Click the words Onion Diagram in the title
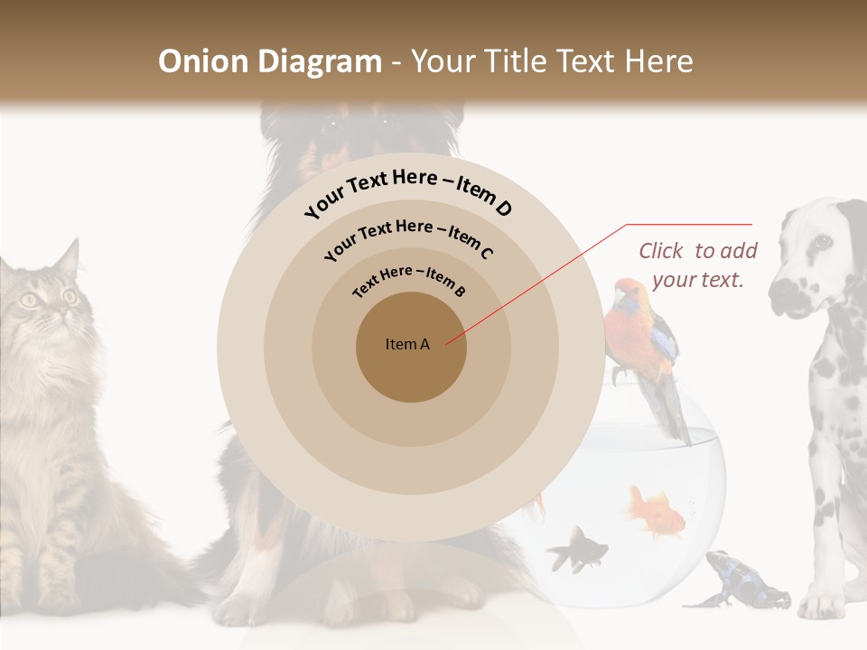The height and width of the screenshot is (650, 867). [269, 61]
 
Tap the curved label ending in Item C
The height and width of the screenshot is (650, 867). [408, 238]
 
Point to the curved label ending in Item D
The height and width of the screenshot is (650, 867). [408, 192]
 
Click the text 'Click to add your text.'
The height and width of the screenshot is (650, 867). [698, 265]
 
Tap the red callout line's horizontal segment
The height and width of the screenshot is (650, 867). [689, 225]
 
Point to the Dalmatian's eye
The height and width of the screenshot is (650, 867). [822, 242]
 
